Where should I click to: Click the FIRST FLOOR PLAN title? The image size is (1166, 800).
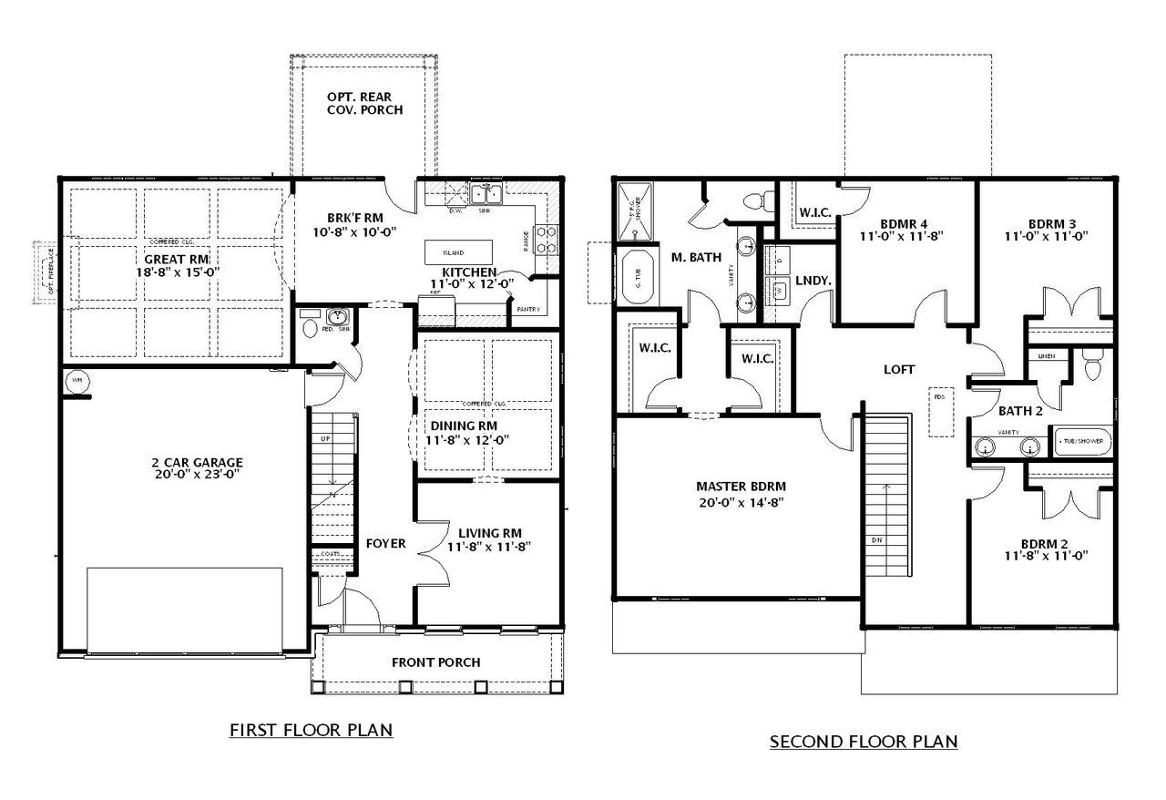[311, 729]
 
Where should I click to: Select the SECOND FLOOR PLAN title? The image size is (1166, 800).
[864, 741]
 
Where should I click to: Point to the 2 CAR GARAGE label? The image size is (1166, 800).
[197, 461]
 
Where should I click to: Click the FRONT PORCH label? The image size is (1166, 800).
[435, 662]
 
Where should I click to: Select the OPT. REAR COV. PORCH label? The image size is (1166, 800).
[364, 103]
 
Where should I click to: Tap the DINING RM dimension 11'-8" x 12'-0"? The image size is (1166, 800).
[468, 439]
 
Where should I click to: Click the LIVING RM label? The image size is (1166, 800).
[489, 533]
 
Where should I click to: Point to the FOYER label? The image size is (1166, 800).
[385, 543]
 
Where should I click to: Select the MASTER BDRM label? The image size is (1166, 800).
[741, 486]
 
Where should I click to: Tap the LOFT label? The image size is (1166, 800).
[898, 369]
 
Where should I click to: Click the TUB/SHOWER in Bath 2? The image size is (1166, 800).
[1081, 441]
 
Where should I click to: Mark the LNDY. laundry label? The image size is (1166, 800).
[813, 282]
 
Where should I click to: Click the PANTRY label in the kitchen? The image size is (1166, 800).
[528, 309]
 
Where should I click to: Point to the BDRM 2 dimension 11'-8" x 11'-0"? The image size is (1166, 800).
[1047, 555]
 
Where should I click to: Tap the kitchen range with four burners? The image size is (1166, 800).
[547, 239]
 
